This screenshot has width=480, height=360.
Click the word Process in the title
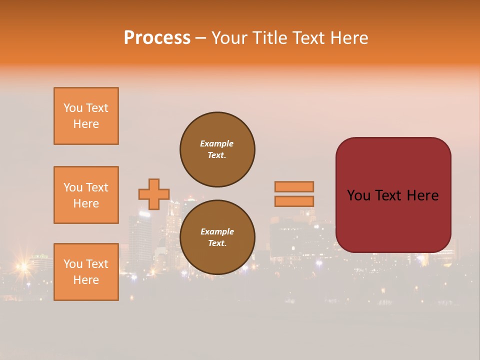tap(157, 38)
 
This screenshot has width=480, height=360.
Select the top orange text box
tap(86, 116)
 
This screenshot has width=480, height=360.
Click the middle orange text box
tap(86, 195)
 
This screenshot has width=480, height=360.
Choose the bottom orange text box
tap(86, 272)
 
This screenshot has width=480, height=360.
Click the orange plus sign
tap(154, 194)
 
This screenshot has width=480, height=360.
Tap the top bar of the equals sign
tap(294, 186)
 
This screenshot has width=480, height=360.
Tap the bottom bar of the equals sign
tap(294, 201)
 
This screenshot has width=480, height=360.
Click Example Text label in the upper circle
tap(217, 149)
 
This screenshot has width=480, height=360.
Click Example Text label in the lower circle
tap(217, 237)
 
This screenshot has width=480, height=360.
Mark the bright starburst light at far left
tap(22, 267)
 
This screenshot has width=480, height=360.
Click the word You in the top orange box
tap(72, 108)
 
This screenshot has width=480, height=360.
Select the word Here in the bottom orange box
tap(86, 280)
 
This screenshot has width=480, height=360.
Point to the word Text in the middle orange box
tap(97, 187)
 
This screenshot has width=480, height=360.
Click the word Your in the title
tap(230, 38)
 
